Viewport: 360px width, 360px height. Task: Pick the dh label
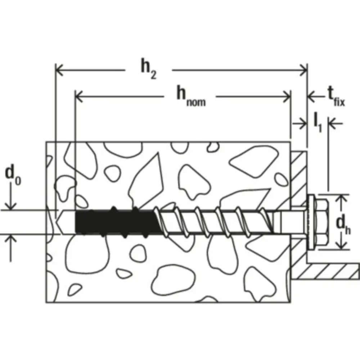tap(343, 225)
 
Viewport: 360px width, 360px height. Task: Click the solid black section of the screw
tap(115, 222)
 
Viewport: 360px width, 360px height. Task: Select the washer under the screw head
tap(311, 222)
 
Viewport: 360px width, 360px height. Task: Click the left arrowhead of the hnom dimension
tap(79, 96)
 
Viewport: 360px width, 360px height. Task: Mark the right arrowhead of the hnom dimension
tap(287, 96)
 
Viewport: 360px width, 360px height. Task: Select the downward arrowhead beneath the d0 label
tap(10, 206)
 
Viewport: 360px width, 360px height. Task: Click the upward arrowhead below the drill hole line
tap(10, 239)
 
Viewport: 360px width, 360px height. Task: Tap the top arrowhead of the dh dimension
tap(342, 199)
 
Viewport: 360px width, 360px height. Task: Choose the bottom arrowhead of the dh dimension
tap(342, 245)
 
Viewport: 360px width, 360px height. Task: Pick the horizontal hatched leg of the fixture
tap(325, 271)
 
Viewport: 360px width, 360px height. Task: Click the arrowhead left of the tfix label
tap(311, 96)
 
